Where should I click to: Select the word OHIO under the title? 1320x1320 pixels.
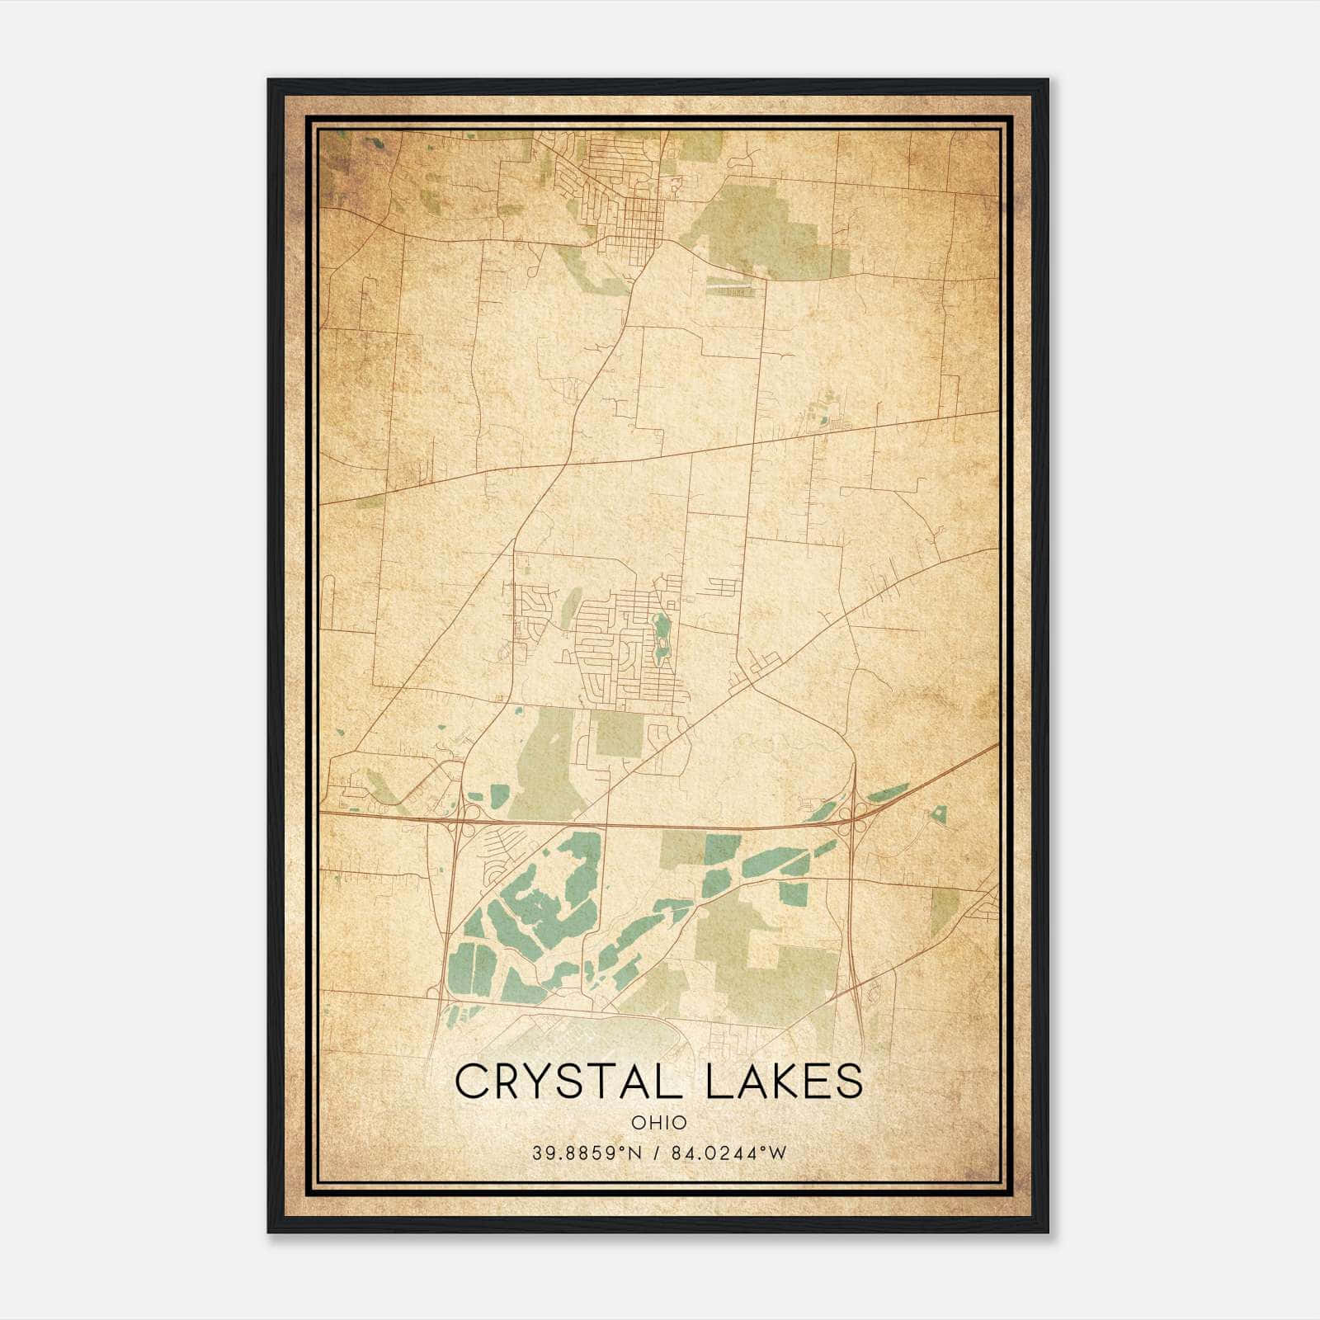click(659, 1122)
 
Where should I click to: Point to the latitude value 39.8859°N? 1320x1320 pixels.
click(587, 1153)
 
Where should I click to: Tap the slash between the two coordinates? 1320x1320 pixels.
click(658, 1153)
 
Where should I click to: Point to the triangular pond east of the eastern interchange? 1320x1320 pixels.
click(937, 815)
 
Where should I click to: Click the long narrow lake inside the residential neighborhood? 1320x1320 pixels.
click(660, 639)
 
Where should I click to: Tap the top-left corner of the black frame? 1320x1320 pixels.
click(269, 81)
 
